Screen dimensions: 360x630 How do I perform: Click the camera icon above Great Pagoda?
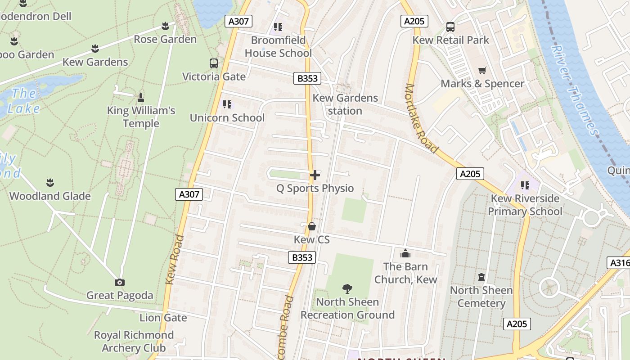point(119,282)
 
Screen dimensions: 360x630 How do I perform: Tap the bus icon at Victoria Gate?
point(214,63)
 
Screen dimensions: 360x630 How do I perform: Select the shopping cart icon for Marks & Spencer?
point(482,70)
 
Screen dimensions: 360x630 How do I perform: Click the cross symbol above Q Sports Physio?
point(315,175)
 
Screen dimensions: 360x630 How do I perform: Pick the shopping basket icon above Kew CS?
point(311,226)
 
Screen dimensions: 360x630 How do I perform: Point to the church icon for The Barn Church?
point(405,253)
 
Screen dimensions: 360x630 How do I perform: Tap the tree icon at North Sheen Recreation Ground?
point(347,288)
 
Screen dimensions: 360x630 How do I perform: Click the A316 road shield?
point(619,263)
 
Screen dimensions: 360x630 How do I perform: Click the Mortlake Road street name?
point(422,118)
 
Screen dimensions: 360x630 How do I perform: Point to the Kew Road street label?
point(175,260)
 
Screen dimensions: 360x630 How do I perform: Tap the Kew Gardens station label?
point(345,104)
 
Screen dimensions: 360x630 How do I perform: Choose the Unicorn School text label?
point(227,118)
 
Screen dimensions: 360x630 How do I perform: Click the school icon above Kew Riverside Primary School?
point(525,185)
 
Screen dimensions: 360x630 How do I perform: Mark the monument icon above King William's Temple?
point(141,97)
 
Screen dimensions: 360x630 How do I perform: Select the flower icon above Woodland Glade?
point(50,183)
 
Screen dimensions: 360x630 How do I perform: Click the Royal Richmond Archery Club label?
point(134,342)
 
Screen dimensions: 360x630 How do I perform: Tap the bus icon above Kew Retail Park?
point(450,27)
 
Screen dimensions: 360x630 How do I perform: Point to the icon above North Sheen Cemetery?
point(481,277)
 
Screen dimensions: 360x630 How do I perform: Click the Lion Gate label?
point(163,318)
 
